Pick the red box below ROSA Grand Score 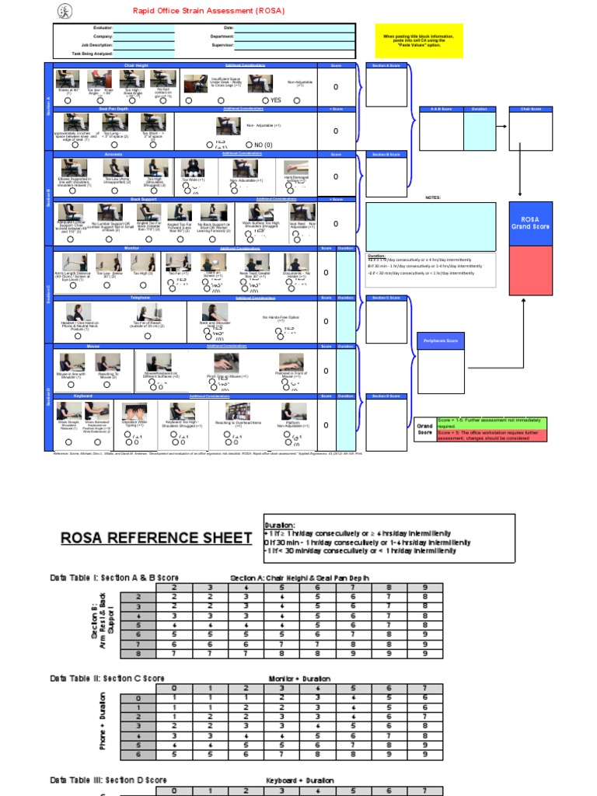click(x=530, y=270)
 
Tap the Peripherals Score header click(x=441, y=340)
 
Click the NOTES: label click(x=433, y=198)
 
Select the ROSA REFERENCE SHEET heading click(x=156, y=538)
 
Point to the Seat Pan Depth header click(x=113, y=109)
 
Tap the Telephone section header click(x=118, y=298)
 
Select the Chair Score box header click(x=530, y=110)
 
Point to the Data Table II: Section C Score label click(x=106, y=679)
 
